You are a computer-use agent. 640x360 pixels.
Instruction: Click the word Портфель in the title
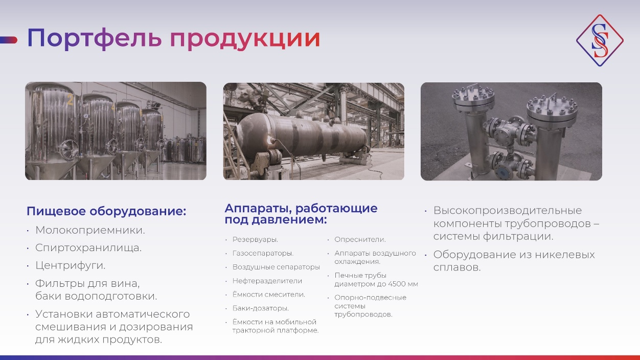point(94,38)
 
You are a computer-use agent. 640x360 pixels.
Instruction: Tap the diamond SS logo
point(600,40)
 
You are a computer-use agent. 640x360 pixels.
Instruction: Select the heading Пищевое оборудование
point(106,211)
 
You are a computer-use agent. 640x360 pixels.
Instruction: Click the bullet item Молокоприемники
point(90,230)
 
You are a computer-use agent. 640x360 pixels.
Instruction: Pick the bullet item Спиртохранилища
point(88,247)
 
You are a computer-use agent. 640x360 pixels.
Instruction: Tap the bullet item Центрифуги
point(70,265)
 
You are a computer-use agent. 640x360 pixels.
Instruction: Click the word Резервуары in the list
point(255,239)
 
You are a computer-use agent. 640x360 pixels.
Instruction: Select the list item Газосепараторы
point(263,253)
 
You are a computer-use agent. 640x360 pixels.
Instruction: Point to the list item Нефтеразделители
point(267,281)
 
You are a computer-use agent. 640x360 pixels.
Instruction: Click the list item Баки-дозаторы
point(261,308)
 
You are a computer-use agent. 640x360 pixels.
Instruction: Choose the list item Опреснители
point(360,239)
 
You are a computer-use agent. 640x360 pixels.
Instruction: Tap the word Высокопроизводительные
point(508,211)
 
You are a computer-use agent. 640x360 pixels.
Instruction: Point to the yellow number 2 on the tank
point(70,100)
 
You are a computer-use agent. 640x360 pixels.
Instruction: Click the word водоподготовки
point(111,297)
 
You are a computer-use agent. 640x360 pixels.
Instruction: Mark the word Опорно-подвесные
point(370,298)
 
